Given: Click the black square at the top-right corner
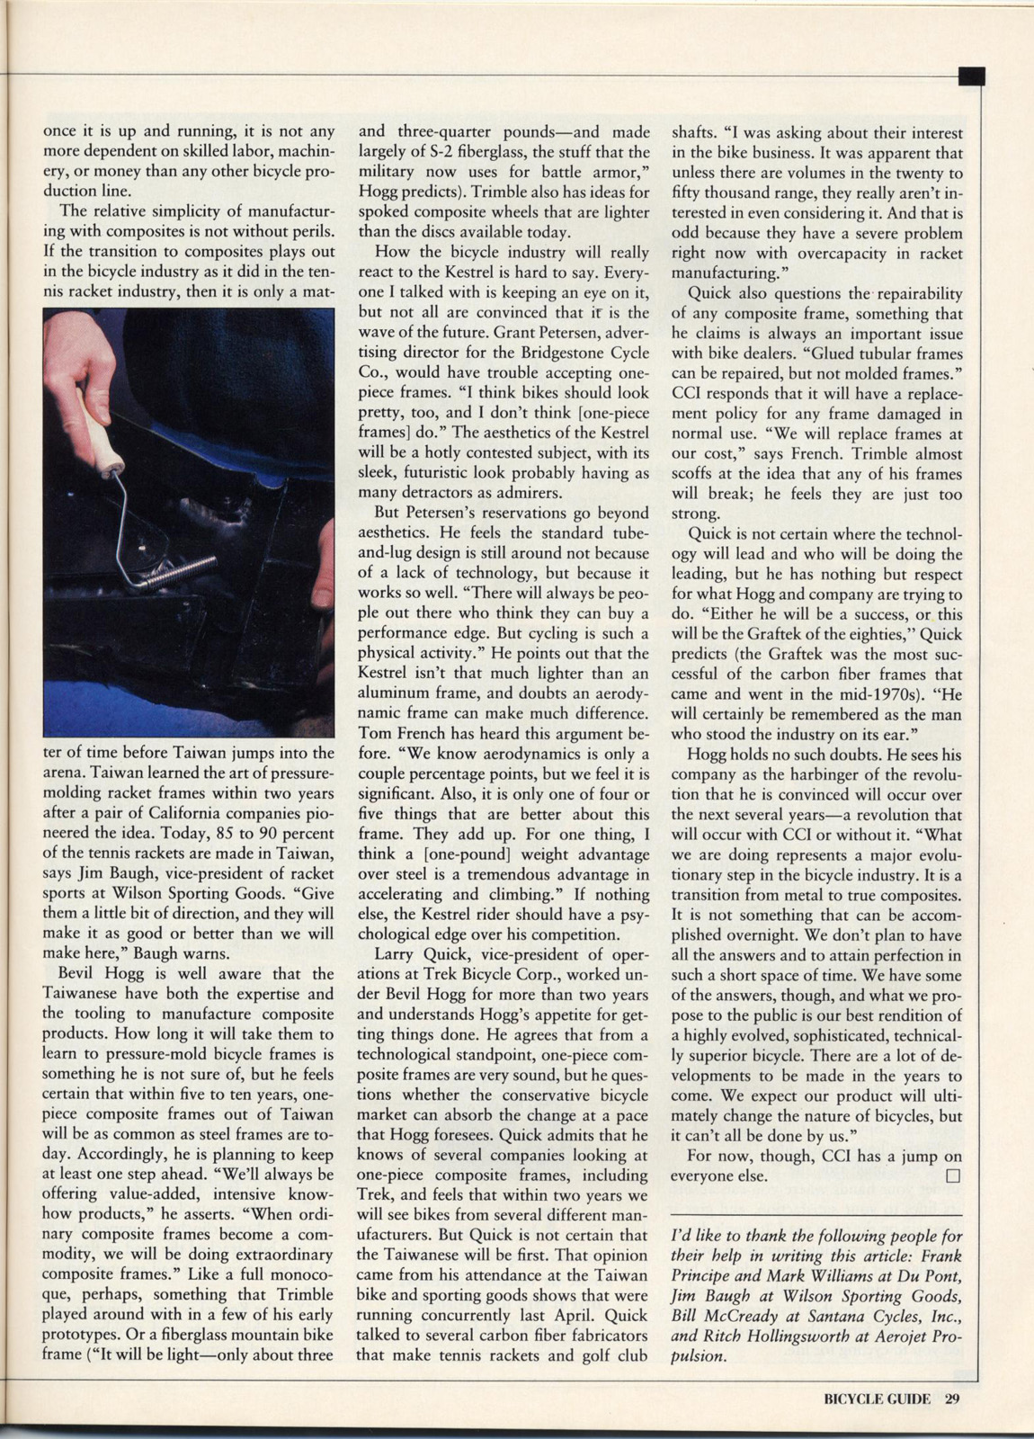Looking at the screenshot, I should (972, 76).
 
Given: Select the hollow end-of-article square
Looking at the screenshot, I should (953, 1175).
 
